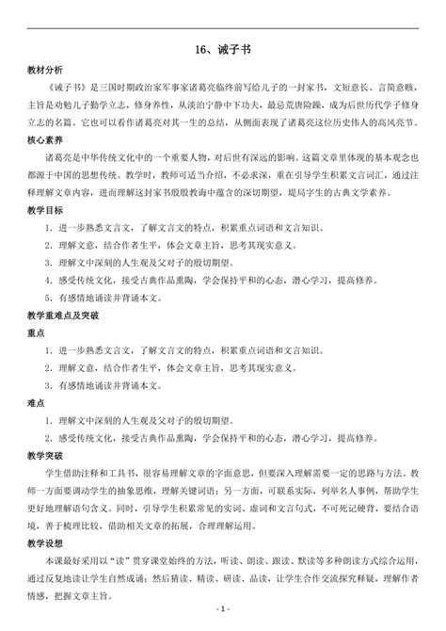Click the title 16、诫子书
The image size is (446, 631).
pyautogui.click(x=222, y=52)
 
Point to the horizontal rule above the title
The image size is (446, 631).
pyautogui.click(x=222, y=26)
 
